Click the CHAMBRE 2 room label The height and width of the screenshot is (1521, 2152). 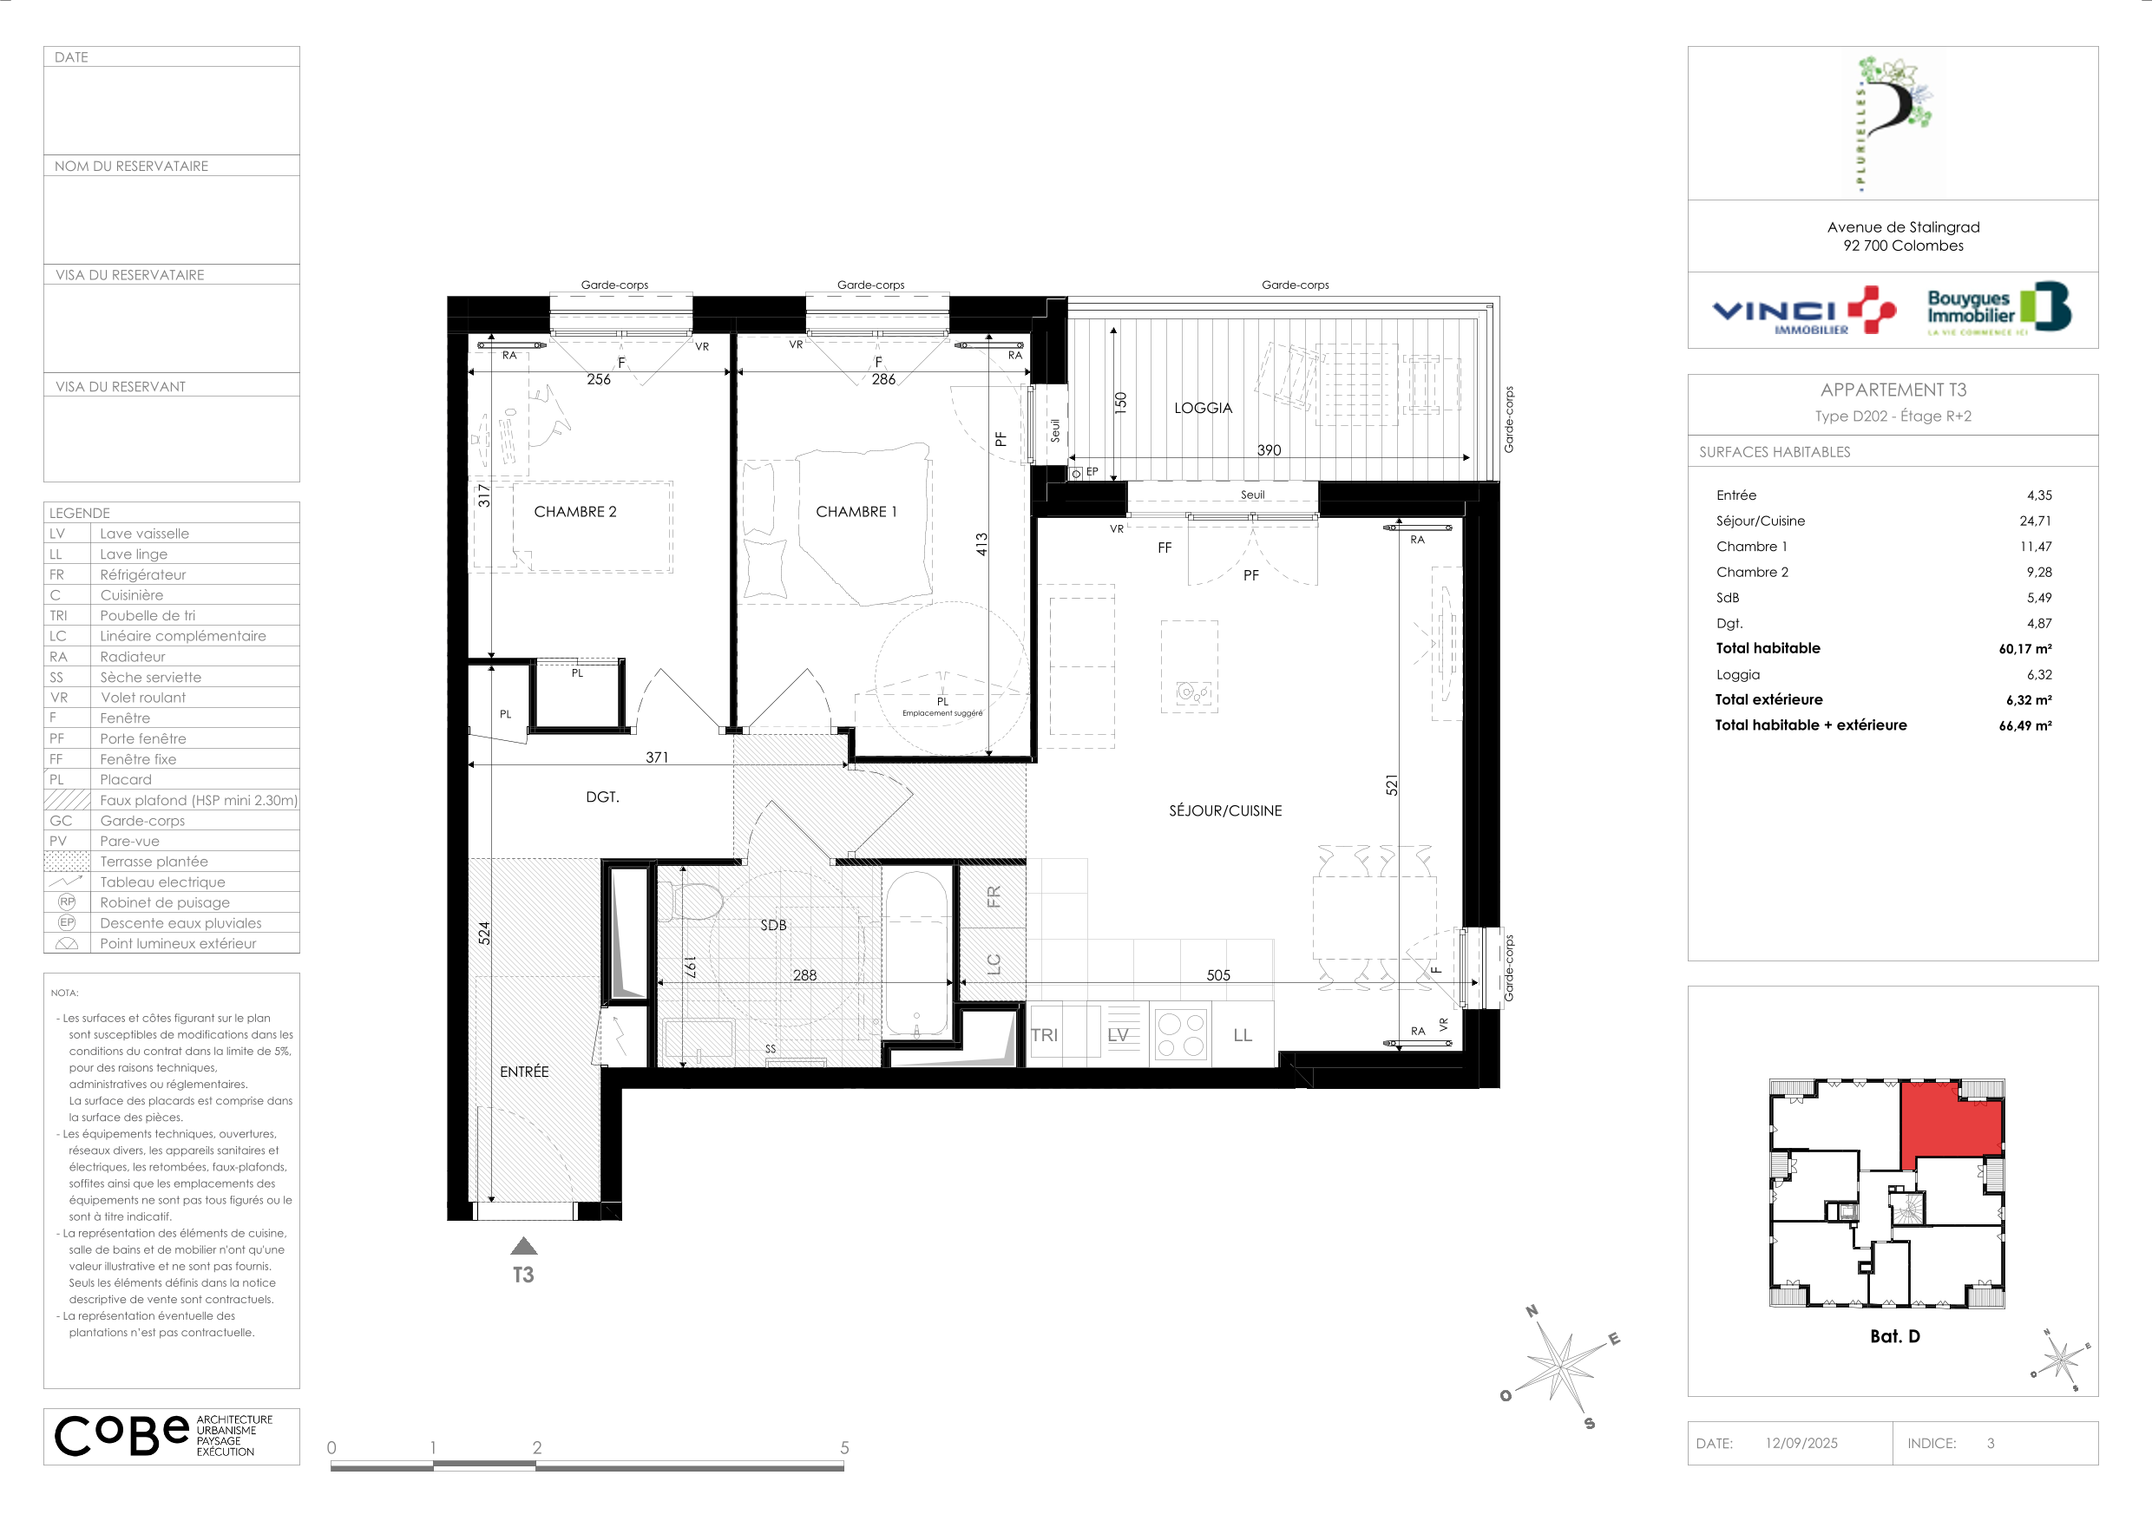coord(574,512)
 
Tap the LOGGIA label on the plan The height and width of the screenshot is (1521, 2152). coord(1203,408)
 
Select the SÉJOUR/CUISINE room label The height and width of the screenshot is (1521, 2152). coord(1225,810)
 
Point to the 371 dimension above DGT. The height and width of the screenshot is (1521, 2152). coord(656,757)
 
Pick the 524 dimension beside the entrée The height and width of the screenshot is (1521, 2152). coord(483,933)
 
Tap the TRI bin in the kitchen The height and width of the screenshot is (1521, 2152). coord(1044,1034)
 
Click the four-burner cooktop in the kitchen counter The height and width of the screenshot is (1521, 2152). coord(1181,1034)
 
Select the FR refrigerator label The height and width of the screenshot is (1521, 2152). coord(994,897)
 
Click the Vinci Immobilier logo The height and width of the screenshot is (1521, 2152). coord(1804,311)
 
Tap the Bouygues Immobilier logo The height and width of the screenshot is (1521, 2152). coord(1998,307)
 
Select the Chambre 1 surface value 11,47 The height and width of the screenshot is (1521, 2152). coord(2036,547)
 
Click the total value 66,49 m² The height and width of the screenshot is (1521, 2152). coord(2024,725)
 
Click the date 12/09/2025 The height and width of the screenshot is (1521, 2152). coord(1801,1443)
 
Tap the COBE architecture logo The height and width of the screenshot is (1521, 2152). coord(164,1436)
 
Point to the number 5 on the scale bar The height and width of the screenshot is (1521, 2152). coord(844,1448)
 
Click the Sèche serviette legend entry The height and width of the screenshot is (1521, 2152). coord(151,678)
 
